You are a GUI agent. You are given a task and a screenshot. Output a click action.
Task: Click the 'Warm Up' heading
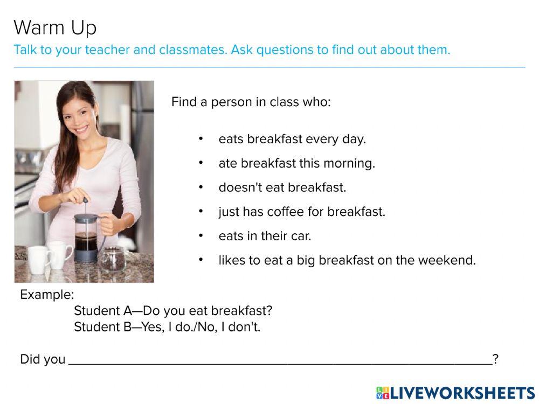[55, 27]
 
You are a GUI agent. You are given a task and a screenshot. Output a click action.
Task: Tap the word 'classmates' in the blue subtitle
[192, 50]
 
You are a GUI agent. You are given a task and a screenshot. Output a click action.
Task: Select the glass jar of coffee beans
[113, 259]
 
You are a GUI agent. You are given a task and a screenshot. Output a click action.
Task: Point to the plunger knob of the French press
[85, 200]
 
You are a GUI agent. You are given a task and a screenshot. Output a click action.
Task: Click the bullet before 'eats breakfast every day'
[201, 139]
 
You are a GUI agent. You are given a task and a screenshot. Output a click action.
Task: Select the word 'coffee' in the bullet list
[286, 212]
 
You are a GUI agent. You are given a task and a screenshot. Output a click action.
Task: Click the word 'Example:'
[47, 295]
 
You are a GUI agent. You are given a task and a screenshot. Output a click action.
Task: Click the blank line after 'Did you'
[280, 364]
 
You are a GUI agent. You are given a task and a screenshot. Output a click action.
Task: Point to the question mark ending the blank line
[495, 359]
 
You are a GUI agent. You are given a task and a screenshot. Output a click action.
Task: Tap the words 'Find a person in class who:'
[251, 102]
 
